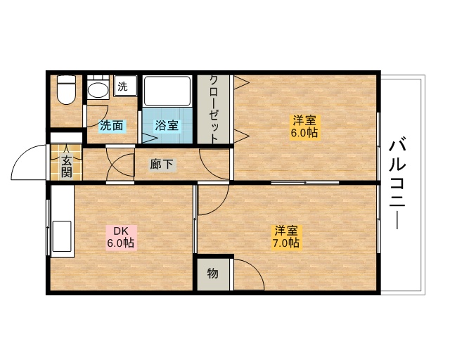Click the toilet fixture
(66, 89)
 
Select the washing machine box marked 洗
(125, 86)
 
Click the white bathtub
(167, 91)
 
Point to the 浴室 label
(167, 125)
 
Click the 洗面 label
(112, 125)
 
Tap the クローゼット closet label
(213, 110)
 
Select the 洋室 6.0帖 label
(304, 127)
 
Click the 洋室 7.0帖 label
(286, 236)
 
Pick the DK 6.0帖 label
(121, 237)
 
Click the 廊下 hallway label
(162, 165)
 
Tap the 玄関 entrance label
(66, 167)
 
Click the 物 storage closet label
(212, 274)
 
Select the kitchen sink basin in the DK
(61, 236)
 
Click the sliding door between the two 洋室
(305, 183)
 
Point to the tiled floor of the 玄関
(66, 162)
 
